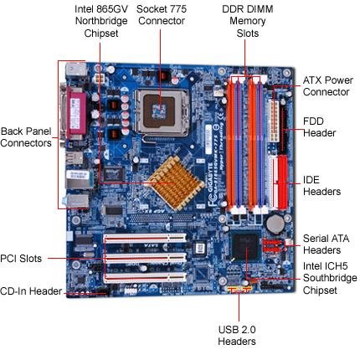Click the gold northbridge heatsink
click(x=175, y=183)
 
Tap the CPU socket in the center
click(x=161, y=112)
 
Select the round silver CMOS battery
click(x=275, y=224)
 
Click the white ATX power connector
click(x=274, y=121)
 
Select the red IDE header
click(x=282, y=183)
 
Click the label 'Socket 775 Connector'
click(x=162, y=15)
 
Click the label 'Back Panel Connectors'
click(x=26, y=137)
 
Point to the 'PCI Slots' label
click(x=21, y=259)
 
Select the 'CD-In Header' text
click(x=31, y=291)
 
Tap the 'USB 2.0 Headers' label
click(x=237, y=335)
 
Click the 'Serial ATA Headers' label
click(x=326, y=244)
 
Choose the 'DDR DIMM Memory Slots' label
click(x=248, y=21)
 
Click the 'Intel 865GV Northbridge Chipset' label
click(x=101, y=21)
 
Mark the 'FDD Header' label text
click(x=319, y=127)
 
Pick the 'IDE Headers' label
click(x=321, y=186)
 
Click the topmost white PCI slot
click(x=145, y=239)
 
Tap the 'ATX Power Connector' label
click(x=328, y=86)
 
